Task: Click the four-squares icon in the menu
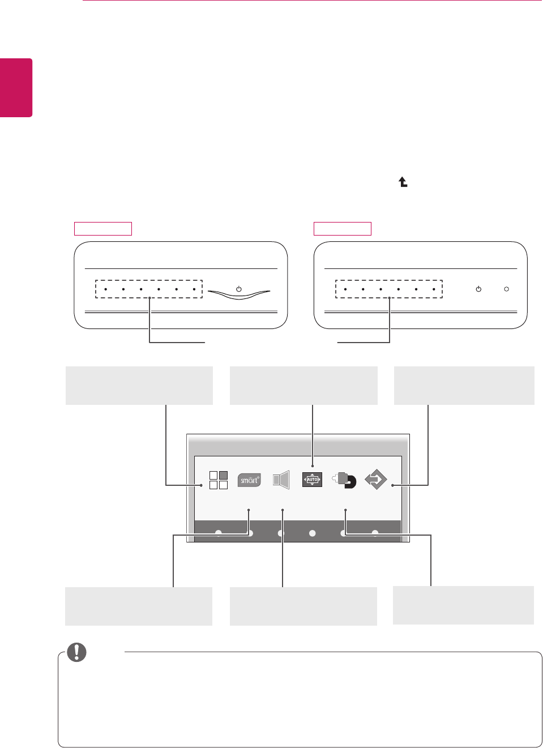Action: [x=219, y=480]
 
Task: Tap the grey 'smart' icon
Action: [x=249, y=480]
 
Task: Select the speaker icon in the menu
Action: [x=281, y=480]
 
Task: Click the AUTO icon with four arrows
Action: [x=312, y=480]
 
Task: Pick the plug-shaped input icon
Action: [x=344, y=480]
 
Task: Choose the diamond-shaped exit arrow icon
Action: [x=375, y=480]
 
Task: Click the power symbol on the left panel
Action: [x=239, y=289]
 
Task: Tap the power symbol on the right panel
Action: [x=478, y=289]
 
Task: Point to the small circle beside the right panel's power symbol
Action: [x=506, y=289]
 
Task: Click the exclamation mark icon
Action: [x=77, y=652]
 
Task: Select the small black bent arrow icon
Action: [x=403, y=182]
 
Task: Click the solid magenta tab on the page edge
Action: [x=16, y=88]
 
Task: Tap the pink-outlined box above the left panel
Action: [x=103, y=229]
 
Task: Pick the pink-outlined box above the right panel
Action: [x=343, y=229]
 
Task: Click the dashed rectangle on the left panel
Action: [x=149, y=289]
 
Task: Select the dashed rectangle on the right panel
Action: [x=389, y=289]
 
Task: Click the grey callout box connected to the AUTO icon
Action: [x=303, y=386]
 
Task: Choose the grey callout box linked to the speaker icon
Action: [x=303, y=606]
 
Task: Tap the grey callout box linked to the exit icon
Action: [x=464, y=386]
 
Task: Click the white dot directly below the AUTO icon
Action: [x=312, y=533]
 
